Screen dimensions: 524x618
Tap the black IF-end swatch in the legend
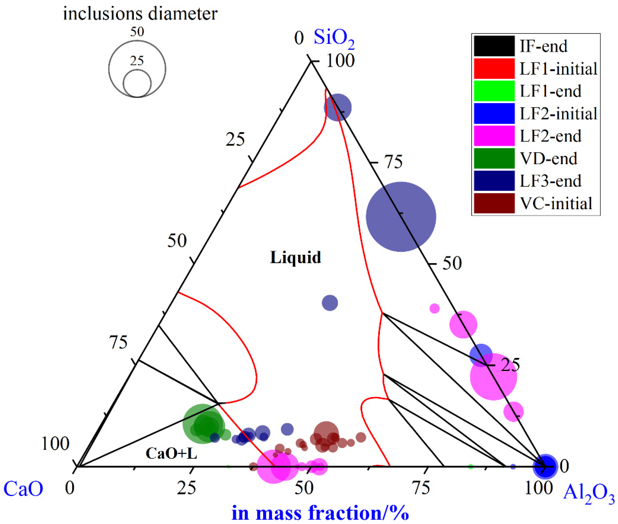pos(494,46)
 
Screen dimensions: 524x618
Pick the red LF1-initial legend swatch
pos(494,69)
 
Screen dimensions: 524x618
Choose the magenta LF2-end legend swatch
pos(494,136)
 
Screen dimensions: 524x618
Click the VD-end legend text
pos(548,159)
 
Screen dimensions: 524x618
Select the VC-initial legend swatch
pos(494,203)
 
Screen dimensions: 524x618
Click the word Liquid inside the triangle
pos(295,257)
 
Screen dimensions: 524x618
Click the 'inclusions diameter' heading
pos(140,14)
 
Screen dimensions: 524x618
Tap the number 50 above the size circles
pos(137,32)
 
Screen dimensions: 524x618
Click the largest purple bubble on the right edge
pos(401,217)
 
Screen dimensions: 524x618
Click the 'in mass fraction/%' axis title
pos(320,512)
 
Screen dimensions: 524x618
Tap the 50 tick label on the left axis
pos(177,241)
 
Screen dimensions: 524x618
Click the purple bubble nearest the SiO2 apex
pos(338,107)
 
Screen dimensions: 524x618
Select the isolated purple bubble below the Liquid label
pos(330,303)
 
